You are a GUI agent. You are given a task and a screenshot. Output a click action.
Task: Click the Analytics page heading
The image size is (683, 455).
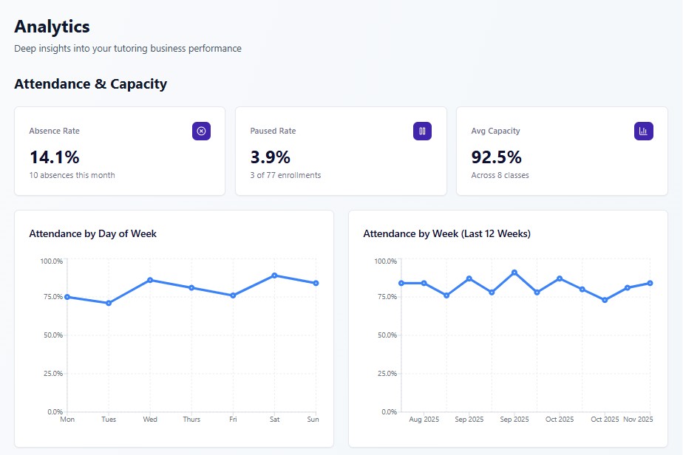tap(52, 27)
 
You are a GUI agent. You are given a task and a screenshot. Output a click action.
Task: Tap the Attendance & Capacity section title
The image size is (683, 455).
tap(90, 84)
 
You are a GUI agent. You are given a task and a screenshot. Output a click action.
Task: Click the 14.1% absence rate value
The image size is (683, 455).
tap(54, 157)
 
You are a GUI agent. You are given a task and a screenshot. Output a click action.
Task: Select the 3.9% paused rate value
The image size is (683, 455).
tap(270, 157)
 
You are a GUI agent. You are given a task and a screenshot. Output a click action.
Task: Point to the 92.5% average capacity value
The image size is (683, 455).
tap(496, 157)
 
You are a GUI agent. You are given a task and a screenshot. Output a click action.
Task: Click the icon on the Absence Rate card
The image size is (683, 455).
tap(201, 131)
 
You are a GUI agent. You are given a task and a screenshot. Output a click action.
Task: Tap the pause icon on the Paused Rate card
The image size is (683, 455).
tap(422, 131)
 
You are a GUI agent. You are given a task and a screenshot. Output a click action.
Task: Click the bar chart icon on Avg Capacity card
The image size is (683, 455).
tap(643, 131)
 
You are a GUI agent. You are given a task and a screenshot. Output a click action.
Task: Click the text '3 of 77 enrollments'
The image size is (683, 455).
tap(285, 175)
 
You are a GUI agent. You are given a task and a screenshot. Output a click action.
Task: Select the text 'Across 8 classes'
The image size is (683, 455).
tap(500, 175)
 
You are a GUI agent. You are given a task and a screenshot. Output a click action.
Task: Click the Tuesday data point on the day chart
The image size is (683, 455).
tap(109, 303)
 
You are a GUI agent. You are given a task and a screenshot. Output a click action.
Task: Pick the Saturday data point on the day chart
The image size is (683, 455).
tap(274, 276)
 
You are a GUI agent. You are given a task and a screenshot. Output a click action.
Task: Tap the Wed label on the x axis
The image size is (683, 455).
tap(150, 420)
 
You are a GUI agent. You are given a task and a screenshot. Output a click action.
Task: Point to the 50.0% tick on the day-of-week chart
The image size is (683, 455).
tap(52, 335)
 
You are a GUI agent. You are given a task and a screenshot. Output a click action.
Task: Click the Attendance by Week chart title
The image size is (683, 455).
tap(446, 233)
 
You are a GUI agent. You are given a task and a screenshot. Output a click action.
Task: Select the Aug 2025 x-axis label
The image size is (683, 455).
tap(424, 420)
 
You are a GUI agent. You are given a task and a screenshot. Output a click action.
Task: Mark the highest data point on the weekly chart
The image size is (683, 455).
tap(514, 273)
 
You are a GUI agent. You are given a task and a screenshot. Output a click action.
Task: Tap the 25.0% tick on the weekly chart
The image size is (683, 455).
tap(386, 374)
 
